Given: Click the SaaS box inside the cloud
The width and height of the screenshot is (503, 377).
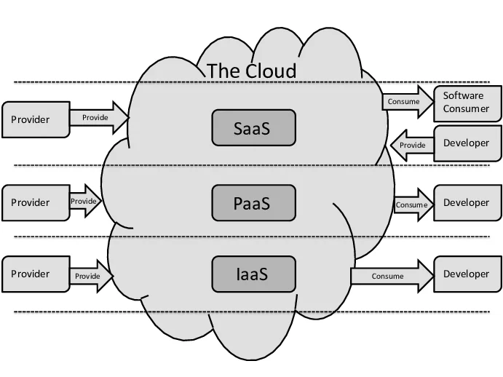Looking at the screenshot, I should [253, 127].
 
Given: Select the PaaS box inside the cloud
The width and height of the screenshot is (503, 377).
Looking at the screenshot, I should [253, 202].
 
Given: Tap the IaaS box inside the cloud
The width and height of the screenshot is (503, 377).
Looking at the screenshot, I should [253, 274].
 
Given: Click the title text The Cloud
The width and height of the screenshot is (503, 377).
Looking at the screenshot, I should [252, 71].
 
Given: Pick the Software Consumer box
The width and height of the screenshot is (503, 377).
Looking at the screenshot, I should [467, 103].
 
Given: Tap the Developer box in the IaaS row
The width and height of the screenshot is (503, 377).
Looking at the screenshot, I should [467, 274].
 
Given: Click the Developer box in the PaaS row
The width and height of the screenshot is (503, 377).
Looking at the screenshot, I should [467, 202].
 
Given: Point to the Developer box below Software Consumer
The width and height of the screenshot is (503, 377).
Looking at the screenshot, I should [467, 143].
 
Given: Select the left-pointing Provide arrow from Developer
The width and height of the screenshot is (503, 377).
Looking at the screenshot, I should [411, 145].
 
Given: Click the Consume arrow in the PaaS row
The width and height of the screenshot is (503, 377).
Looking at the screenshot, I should [413, 205].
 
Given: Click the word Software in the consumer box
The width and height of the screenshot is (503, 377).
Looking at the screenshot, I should [464, 95].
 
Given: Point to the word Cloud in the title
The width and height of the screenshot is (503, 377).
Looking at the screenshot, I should [270, 71].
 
